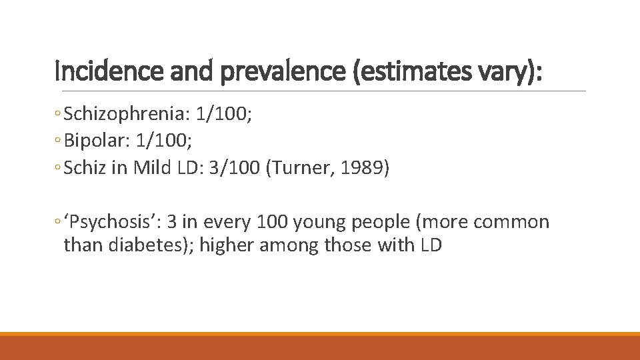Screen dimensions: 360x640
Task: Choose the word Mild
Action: pyautogui.click(x=153, y=167)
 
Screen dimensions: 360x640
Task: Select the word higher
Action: pyautogui.click(x=227, y=245)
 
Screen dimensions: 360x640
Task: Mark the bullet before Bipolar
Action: pyautogui.click(x=59, y=141)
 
